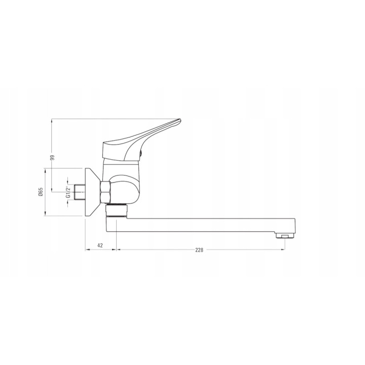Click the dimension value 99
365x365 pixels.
[x=52, y=157]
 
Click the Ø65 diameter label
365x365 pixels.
[x=41, y=192]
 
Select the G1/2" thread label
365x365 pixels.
[x=68, y=192]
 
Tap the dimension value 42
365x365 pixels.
[x=100, y=245]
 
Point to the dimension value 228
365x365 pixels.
[x=199, y=250]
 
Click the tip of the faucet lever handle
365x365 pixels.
[x=180, y=120]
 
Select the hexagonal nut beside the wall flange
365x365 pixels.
[x=105, y=192]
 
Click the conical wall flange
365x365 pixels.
[x=92, y=192]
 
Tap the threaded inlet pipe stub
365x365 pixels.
[x=80, y=192]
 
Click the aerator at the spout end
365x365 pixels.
[x=285, y=235]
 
